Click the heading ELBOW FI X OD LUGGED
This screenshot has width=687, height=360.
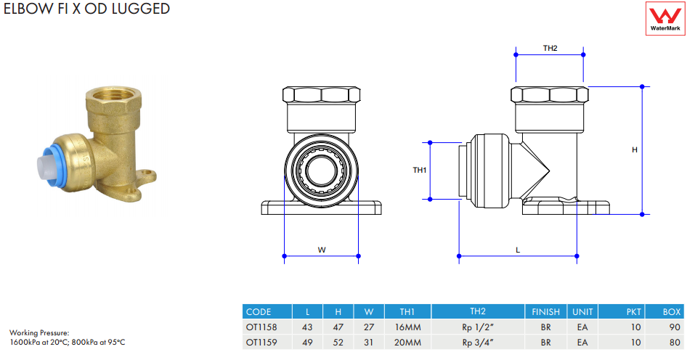pos(86,9)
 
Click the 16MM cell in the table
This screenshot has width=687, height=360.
pos(408,327)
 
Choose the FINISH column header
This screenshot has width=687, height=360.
pos(545,311)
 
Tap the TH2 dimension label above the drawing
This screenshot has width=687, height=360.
pos(550,48)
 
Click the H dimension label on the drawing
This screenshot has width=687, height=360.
pos(634,150)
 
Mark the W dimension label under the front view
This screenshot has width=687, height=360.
pos(322,250)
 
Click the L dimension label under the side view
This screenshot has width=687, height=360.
pos(518,250)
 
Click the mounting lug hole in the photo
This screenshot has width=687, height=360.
pos(150,175)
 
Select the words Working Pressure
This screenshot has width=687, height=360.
pos(38,333)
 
